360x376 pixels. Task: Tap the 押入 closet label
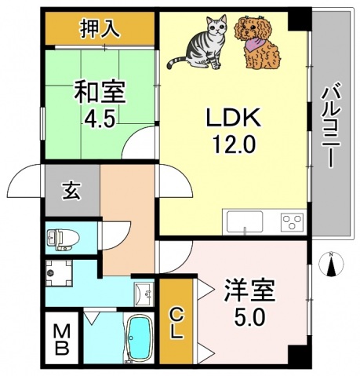tap(100, 30)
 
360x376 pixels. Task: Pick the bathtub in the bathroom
tap(139, 340)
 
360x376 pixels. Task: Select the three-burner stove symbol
tap(292, 221)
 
